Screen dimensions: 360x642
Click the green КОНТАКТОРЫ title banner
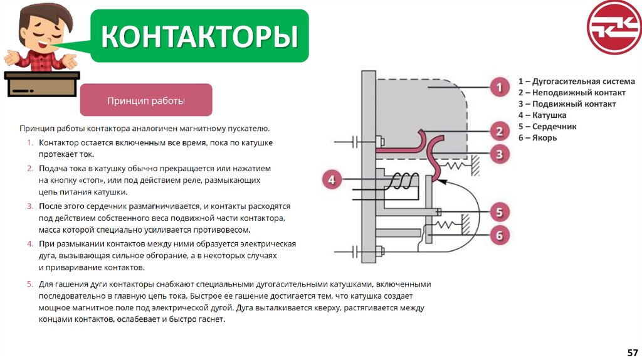[199, 36]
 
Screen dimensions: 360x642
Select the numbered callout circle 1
[499, 87]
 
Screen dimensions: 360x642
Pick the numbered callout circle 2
[499, 132]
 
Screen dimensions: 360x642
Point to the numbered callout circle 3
[499, 154]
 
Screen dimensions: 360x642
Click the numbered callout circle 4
[332, 181]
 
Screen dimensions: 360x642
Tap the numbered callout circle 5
[499, 213]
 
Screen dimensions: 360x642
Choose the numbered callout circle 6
[499, 235]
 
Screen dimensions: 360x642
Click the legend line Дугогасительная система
[576, 82]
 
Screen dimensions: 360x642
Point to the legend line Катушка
[542, 115]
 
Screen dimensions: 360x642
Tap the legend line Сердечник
[547, 127]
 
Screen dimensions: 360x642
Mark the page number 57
[632, 352]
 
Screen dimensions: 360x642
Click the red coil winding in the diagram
[399, 181]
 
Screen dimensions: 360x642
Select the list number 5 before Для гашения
[29, 284]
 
